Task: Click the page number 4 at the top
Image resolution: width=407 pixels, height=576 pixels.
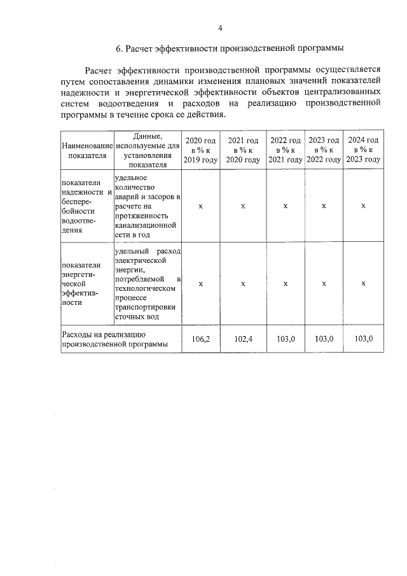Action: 220,27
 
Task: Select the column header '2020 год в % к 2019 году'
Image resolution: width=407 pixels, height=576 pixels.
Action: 200,150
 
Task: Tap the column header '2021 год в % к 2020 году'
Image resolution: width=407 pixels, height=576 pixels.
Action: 243,150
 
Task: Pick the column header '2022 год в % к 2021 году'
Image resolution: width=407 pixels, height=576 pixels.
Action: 286,150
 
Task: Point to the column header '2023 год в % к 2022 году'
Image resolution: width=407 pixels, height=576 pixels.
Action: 324,150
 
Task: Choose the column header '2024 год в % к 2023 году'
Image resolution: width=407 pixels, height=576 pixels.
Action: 363,150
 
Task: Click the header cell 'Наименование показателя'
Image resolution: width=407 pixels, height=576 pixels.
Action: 87,150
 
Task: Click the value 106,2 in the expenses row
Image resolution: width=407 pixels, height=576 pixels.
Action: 200,339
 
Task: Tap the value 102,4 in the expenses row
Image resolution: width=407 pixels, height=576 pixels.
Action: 243,339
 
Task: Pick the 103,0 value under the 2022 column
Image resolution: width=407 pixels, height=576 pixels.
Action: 286,339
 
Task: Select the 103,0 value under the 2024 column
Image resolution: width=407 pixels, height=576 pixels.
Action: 363,339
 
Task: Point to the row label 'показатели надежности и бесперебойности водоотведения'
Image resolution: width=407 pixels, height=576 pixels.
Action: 87,206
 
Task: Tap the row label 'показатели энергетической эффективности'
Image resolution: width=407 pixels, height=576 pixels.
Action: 87,284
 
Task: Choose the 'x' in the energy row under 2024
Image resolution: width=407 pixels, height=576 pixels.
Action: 363,284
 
